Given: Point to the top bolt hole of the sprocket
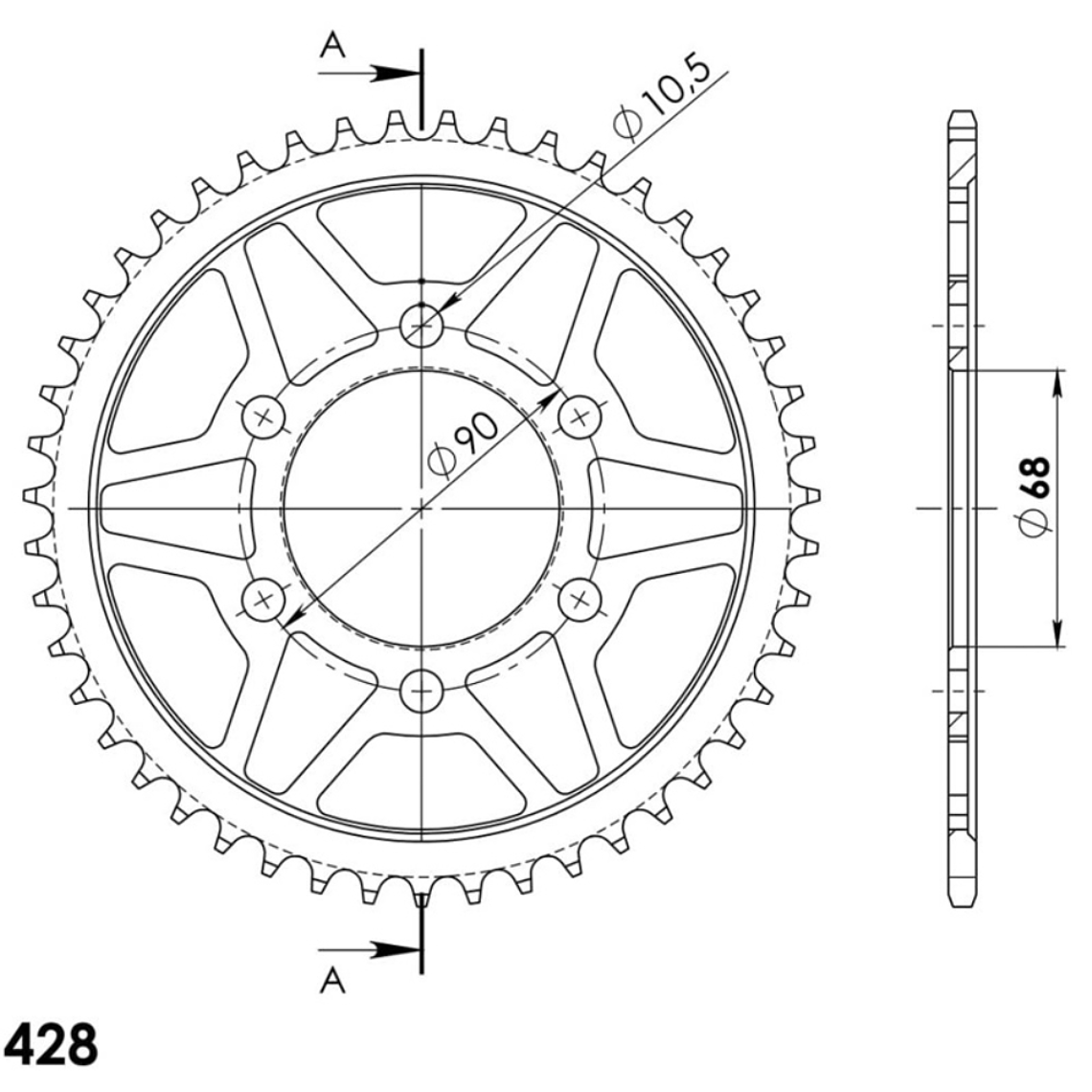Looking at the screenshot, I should point(421,325).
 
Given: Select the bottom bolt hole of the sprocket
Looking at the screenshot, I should point(421,688).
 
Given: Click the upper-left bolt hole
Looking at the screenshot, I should point(265,415).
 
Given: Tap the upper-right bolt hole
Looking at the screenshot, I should point(579,415).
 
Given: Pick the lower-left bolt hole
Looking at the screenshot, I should point(265,600).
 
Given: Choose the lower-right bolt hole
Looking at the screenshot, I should point(579,600).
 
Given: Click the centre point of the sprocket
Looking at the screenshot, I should point(421,507).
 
